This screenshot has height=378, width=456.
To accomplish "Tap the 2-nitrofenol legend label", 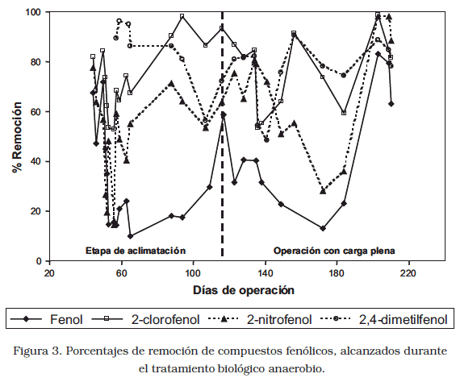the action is click(279, 319).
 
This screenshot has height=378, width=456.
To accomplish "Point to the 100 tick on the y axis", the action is click(35, 12).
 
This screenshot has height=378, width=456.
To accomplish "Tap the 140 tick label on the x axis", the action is click(266, 273).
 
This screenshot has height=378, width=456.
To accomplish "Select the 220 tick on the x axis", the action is click(408, 273).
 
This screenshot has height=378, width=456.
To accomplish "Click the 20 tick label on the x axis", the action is click(50, 273).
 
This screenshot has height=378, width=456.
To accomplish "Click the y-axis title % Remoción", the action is click(17, 137).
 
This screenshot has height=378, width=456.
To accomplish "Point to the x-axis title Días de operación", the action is click(244, 290).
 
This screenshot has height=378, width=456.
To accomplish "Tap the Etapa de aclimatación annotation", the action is click(136, 251).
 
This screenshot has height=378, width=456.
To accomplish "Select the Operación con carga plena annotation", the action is click(334, 251).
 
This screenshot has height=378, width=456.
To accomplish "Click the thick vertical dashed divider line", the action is click(222, 134).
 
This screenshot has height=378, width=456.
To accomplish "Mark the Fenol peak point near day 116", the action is click(224, 115).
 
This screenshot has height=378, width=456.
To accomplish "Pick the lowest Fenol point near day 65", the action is click(130, 236).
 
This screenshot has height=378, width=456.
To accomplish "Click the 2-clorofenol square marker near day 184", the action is click(344, 113).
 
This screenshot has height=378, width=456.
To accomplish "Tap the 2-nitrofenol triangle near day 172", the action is click(323, 191).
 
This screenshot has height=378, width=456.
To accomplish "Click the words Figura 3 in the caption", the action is click(37, 351).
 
